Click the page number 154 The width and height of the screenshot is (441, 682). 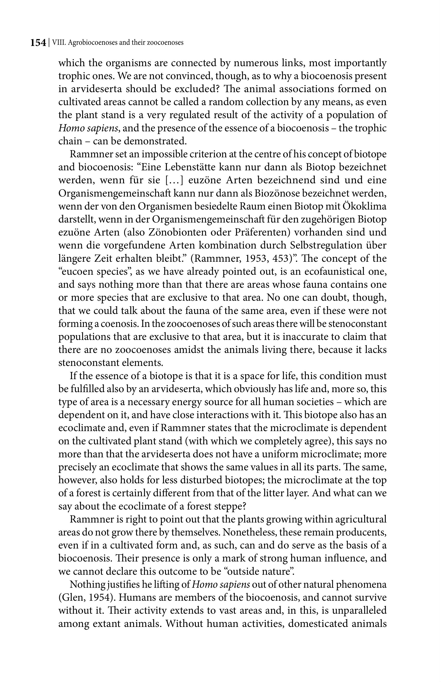(x=38, y=43)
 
